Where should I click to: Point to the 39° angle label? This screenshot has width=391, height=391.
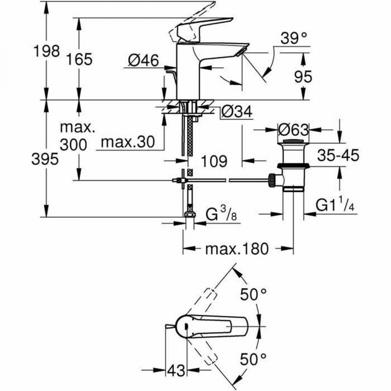point(294,38)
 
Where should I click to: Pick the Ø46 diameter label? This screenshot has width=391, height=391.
point(144,62)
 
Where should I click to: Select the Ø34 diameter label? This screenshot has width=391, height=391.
point(237,112)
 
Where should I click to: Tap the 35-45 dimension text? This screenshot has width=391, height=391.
point(337,155)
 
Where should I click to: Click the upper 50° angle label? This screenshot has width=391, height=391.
point(254,295)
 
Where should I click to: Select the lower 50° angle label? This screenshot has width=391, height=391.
point(254,358)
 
